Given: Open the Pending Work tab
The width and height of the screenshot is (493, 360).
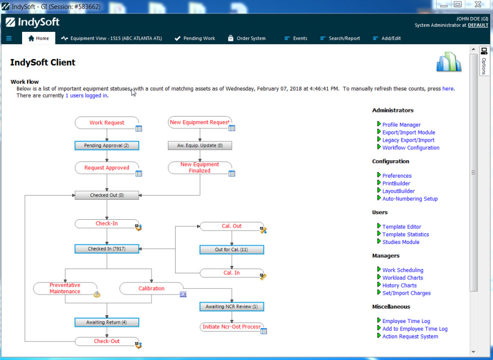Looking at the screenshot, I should click(x=195, y=39).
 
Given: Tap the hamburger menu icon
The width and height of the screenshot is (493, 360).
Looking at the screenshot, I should click(x=9, y=39).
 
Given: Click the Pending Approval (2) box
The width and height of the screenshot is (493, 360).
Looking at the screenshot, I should click(x=107, y=146).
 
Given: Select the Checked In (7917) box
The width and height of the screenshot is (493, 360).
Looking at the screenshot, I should click(x=107, y=249).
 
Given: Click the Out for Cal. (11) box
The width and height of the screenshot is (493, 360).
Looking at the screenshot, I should click(x=232, y=250).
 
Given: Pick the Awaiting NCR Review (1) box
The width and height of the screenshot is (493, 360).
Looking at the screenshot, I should click(x=232, y=307).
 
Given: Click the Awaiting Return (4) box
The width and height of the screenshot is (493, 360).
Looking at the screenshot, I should click(x=107, y=323).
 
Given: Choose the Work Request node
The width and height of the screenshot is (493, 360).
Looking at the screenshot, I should click(x=107, y=123).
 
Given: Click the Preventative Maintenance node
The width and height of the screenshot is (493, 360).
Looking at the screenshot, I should click(x=65, y=288).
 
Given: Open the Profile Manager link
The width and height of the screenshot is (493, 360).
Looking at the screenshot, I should click(x=401, y=125).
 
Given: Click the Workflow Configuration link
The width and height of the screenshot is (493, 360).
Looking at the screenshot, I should click(x=410, y=148).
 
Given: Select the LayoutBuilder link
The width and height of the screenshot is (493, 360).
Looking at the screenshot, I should click(x=399, y=191).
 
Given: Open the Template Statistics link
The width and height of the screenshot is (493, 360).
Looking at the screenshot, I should click(x=405, y=235).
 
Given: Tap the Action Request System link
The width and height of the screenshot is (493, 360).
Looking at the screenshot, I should click(x=410, y=337).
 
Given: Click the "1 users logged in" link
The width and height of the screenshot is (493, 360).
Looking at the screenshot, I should click(x=86, y=96).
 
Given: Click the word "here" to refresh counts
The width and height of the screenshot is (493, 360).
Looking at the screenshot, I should click(x=448, y=89).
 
